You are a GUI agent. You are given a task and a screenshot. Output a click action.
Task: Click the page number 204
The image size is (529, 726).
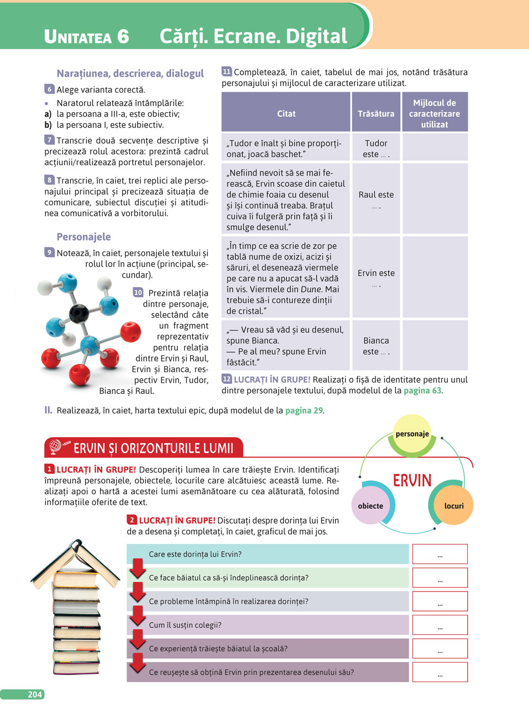click(34, 694)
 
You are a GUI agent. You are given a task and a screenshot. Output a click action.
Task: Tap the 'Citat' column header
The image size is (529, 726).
click(286, 114)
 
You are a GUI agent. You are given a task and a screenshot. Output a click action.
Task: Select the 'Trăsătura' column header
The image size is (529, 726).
click(376, 114)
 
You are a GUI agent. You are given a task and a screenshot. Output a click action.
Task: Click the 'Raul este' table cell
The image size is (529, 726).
click(376, 198)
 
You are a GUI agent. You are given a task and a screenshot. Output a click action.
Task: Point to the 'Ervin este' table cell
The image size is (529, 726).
click(376, 277)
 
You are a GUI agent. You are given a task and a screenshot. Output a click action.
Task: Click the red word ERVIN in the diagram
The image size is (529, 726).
click(412, 480)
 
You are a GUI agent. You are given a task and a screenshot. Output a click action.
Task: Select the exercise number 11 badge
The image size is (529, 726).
click(226, 71)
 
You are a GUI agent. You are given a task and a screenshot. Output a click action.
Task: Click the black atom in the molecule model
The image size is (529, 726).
click(79, 314)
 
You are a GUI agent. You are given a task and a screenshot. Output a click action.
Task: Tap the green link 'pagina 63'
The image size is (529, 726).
click(422, 391)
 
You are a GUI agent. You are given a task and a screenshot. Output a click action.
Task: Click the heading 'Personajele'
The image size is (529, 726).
click(84, 237)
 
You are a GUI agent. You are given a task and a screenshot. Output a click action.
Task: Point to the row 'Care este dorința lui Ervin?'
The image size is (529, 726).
click(268, 554)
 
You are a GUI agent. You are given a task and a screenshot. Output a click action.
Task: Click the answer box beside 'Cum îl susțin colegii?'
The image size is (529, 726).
click(440, 625)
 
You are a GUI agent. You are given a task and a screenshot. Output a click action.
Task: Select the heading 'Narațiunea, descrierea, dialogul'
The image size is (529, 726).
click(130, 73)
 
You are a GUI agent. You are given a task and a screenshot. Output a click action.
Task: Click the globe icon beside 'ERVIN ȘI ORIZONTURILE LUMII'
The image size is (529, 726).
click(55, 447)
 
